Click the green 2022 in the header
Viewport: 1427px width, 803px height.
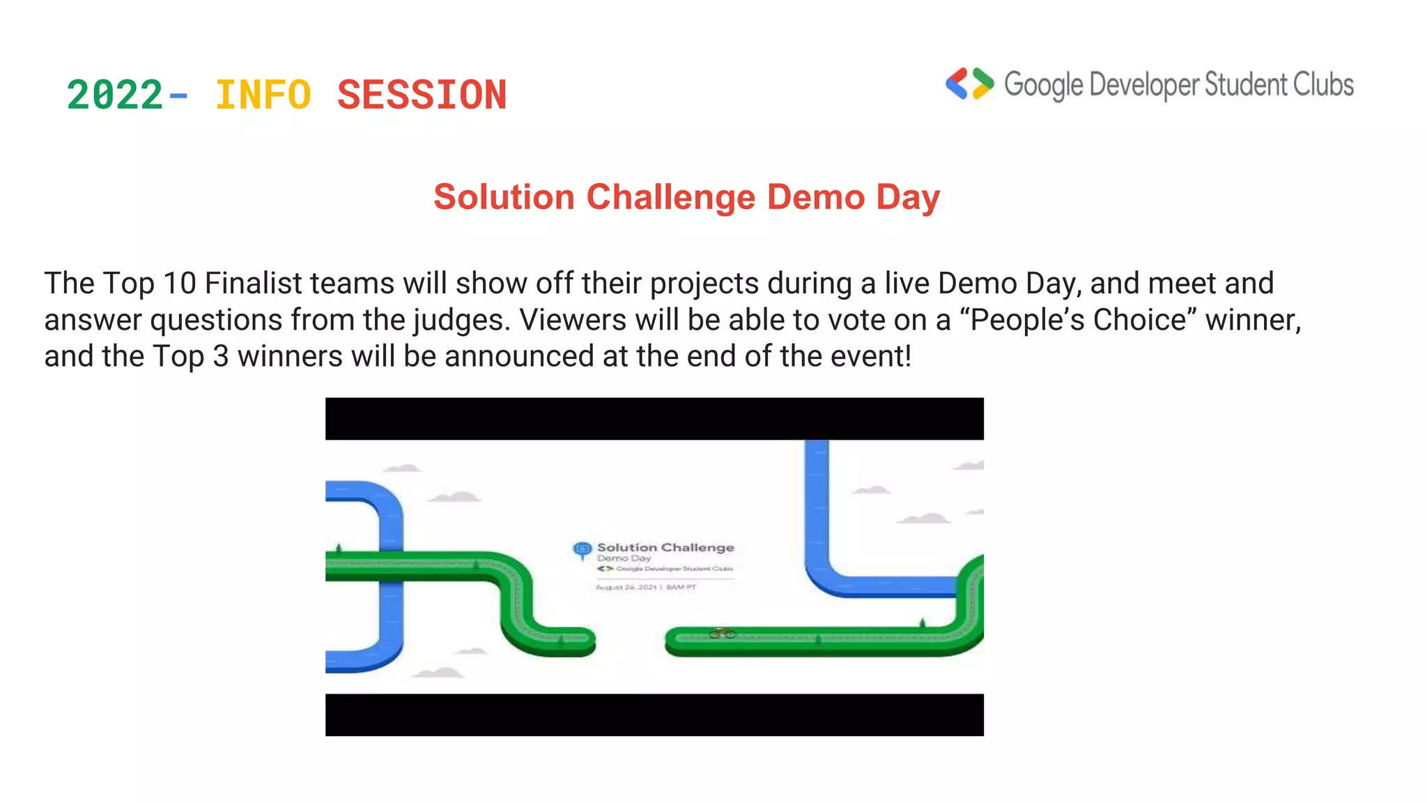[114, 95]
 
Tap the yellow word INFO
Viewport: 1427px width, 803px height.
[263, 95]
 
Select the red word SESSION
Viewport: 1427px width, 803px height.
[422, 95]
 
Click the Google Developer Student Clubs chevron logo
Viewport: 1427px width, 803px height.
[969, 84]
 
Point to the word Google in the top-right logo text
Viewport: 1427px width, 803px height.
[1043, 85]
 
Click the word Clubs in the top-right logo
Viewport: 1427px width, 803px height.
[1323, 84]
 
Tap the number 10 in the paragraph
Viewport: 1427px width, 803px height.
[179, 284]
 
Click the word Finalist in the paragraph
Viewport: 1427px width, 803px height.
[253, 284]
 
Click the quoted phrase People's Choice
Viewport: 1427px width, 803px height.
[1078, 320]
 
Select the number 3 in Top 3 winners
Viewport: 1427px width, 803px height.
[220, 356]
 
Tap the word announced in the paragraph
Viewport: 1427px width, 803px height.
[519, 356]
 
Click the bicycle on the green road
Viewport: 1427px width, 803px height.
[722, 633]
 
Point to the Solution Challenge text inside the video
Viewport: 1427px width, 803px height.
[665, 547]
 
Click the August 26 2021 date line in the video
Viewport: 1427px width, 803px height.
[645, 587]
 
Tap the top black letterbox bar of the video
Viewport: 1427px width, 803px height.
[654, 418]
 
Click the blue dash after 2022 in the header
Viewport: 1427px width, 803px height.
[178, 96]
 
